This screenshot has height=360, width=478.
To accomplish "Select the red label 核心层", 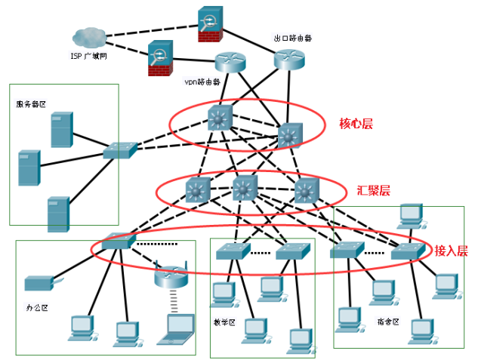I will click(x=356, y=122).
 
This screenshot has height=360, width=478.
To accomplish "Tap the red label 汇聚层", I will click(x=373, y=190).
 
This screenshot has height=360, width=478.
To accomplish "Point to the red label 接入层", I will click(x=451, y=251).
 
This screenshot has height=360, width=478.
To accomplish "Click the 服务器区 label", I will click(x=31, y=103).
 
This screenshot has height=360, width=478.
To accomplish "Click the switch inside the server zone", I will click(x=120, y=150).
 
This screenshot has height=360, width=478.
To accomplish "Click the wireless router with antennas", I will click(x=169, y=276).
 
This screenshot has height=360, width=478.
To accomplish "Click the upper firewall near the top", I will click(x=208, y=23).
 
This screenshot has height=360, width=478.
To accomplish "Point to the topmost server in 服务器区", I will click(x=62, y=129).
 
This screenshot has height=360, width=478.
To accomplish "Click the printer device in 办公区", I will click(x=37, y=284).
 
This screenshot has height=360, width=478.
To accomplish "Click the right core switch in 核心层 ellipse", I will click(x=288, y=135).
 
